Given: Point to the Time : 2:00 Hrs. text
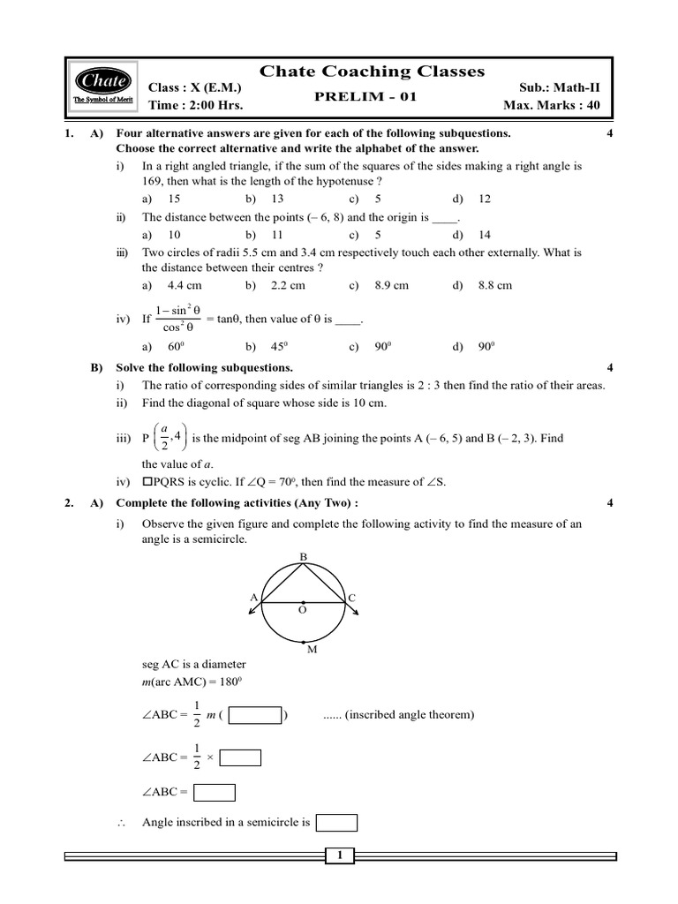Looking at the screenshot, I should pyautogui.click(x=195, y=105).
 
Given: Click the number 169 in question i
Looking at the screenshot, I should pyautogui.click(x=152, y=181).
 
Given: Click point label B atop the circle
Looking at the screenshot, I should pyautogui.click(x=303, y=557).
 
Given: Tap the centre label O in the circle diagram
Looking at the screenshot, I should pyautogui.click(x=302, y=609).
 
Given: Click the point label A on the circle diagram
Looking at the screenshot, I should pyautogui.click(x=253, y=598).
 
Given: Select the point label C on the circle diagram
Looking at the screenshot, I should pyautogui.click(x=351, y=598).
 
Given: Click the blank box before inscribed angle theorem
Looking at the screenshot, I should pyautogui.click(x=255, y=715).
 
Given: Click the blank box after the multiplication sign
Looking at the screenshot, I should pyautogui.click(x=240, y=757).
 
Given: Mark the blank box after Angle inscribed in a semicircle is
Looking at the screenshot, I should pyautogui.click(x=335, y=823).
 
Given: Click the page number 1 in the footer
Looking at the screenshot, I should pyautogui.click(x=339, y=855).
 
